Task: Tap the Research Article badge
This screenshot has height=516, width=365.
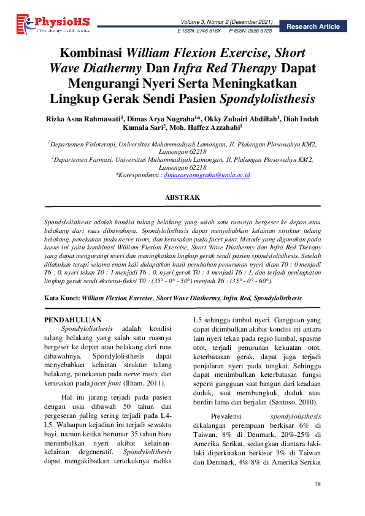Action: tap(313, 26)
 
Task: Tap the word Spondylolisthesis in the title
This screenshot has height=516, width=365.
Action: tap(267, 98)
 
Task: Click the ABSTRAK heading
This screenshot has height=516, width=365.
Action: tap(183, 197)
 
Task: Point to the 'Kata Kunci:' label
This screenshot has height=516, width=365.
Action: tap(63, 298)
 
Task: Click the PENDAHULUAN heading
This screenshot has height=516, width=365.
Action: tap(74, 320)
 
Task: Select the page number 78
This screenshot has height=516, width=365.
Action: tap(317, 484)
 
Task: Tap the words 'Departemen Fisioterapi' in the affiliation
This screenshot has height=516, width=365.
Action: tap(82, 144)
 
